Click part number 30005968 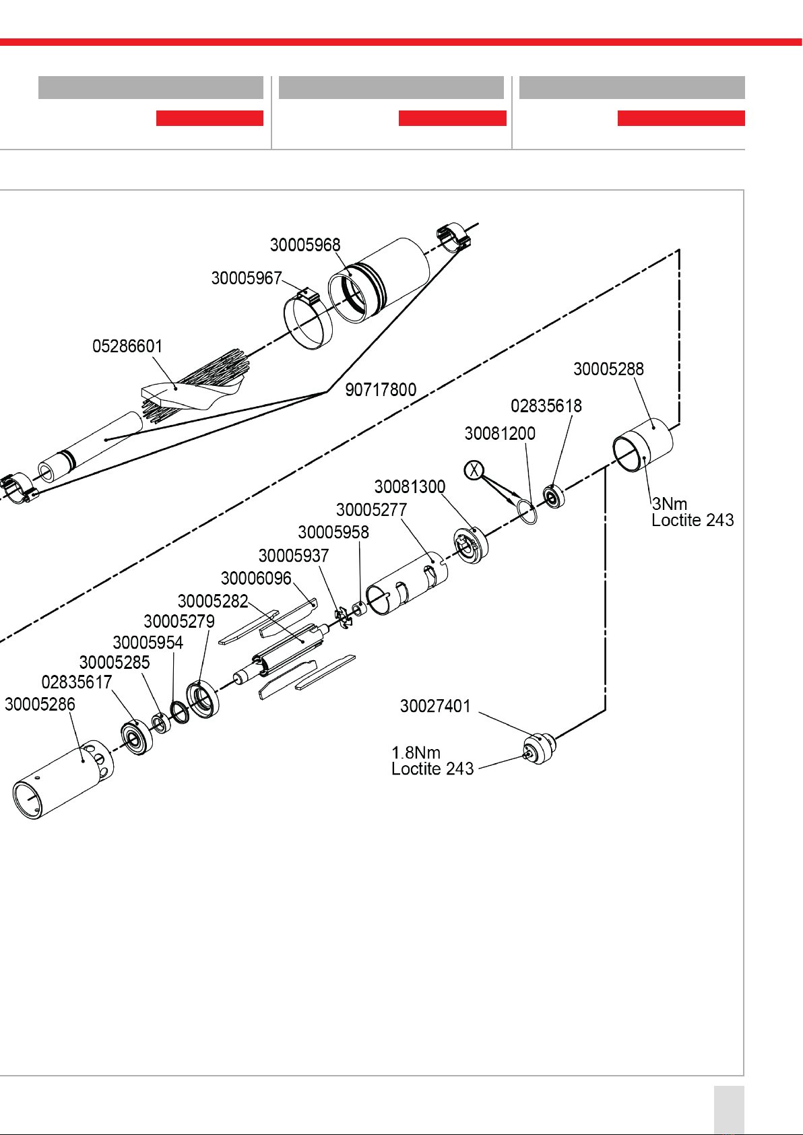click(305, 245)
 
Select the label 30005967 click(246, 278)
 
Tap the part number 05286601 click(127, 346)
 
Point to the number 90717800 click(381, 389)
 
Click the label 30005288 click(608, 369)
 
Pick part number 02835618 click(546, 406)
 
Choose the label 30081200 click(500, 433)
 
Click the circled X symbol click(475, 469)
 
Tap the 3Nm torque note click(670, 504)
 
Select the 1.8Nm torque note click(416, 752)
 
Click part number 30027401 click(435, 706)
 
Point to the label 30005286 click(40, 704)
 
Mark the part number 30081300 click(410, 486)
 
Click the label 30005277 click(371, 510)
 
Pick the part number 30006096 click(256, 578)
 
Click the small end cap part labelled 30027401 click(539, 748)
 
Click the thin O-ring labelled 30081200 click(527, 512)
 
